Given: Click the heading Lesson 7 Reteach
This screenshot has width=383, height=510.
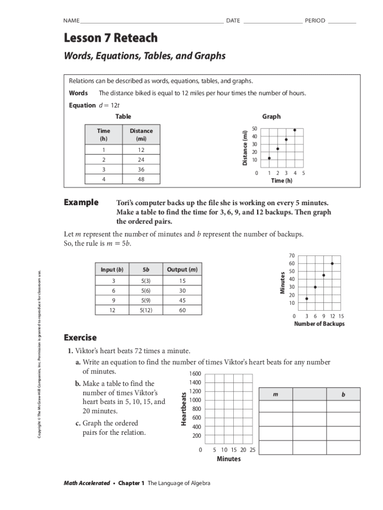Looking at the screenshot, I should pos(110,38).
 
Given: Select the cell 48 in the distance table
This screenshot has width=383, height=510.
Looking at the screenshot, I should pos(141,179).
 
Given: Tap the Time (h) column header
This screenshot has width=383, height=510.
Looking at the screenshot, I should pos(103,134).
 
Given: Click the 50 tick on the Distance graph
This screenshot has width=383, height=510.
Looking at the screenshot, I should pos(254,128).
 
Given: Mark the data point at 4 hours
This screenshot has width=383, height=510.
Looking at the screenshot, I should pos(294,130).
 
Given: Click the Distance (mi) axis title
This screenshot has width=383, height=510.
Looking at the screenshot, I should pos(245,147).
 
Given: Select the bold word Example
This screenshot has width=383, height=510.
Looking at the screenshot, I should pos(81,203).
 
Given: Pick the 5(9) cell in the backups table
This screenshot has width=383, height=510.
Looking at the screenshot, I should pos(146,300).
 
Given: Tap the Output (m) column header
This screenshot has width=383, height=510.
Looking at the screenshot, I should pos(182,269).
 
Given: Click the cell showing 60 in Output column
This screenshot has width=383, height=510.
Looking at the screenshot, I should pos(182,310).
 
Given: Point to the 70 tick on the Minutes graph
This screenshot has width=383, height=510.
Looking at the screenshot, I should pos(292,255).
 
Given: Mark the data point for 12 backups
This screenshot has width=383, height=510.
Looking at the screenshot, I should pos(332,263).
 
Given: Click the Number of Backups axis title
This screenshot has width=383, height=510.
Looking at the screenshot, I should pos(319,324).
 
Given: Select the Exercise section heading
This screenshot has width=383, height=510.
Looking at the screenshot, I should pos(80,338).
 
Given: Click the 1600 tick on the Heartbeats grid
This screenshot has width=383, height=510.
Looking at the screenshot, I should pos(195,374).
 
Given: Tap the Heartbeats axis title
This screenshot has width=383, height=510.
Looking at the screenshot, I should pos(184,408).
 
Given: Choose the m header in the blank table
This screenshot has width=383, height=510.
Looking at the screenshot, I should pos(276,394).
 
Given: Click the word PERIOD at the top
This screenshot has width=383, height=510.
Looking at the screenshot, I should pos(315,20).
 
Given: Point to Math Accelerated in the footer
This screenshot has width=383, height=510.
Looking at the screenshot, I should pos(87,483).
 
